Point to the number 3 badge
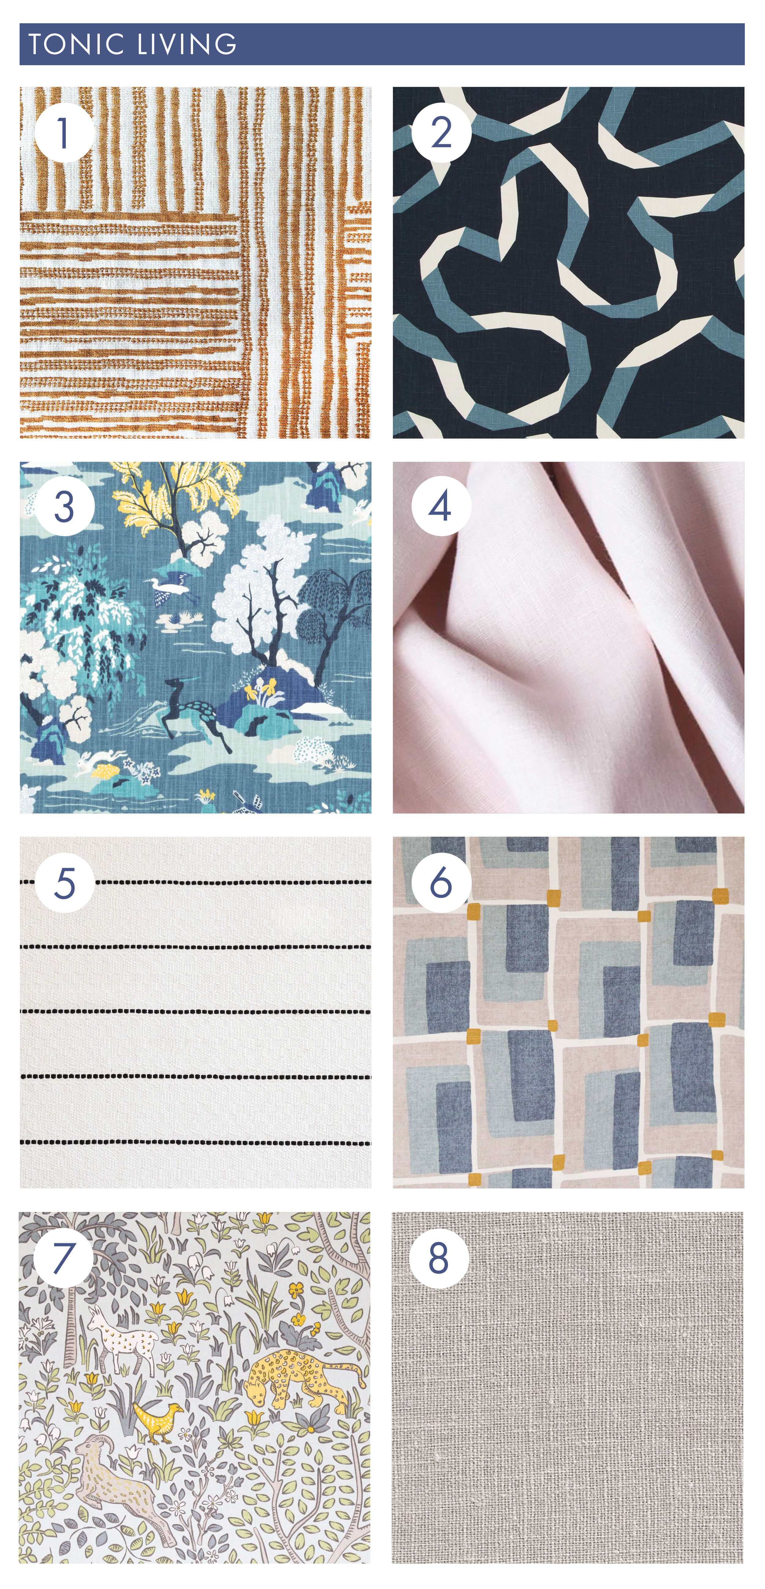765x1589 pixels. [x=64, y=507]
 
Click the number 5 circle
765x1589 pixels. [x=64, y=883]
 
